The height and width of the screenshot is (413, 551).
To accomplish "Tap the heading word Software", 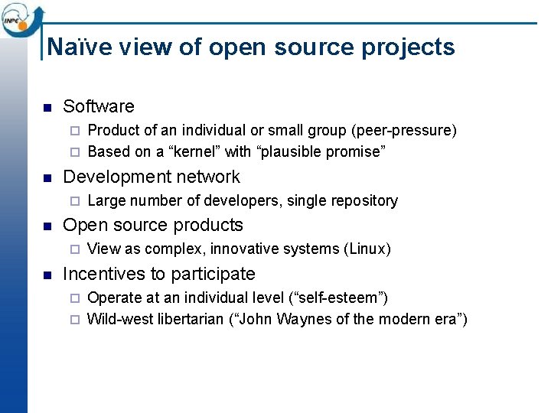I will pos(99,106).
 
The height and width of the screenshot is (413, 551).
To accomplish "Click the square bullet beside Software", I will pos(47,107).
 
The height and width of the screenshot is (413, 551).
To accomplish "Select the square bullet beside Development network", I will pos(47,177).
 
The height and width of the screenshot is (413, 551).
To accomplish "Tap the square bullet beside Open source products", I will pos(47,226).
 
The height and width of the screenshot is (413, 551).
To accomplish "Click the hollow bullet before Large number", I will pos(74,201).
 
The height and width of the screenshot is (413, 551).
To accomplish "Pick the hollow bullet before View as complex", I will pos(74,249).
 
